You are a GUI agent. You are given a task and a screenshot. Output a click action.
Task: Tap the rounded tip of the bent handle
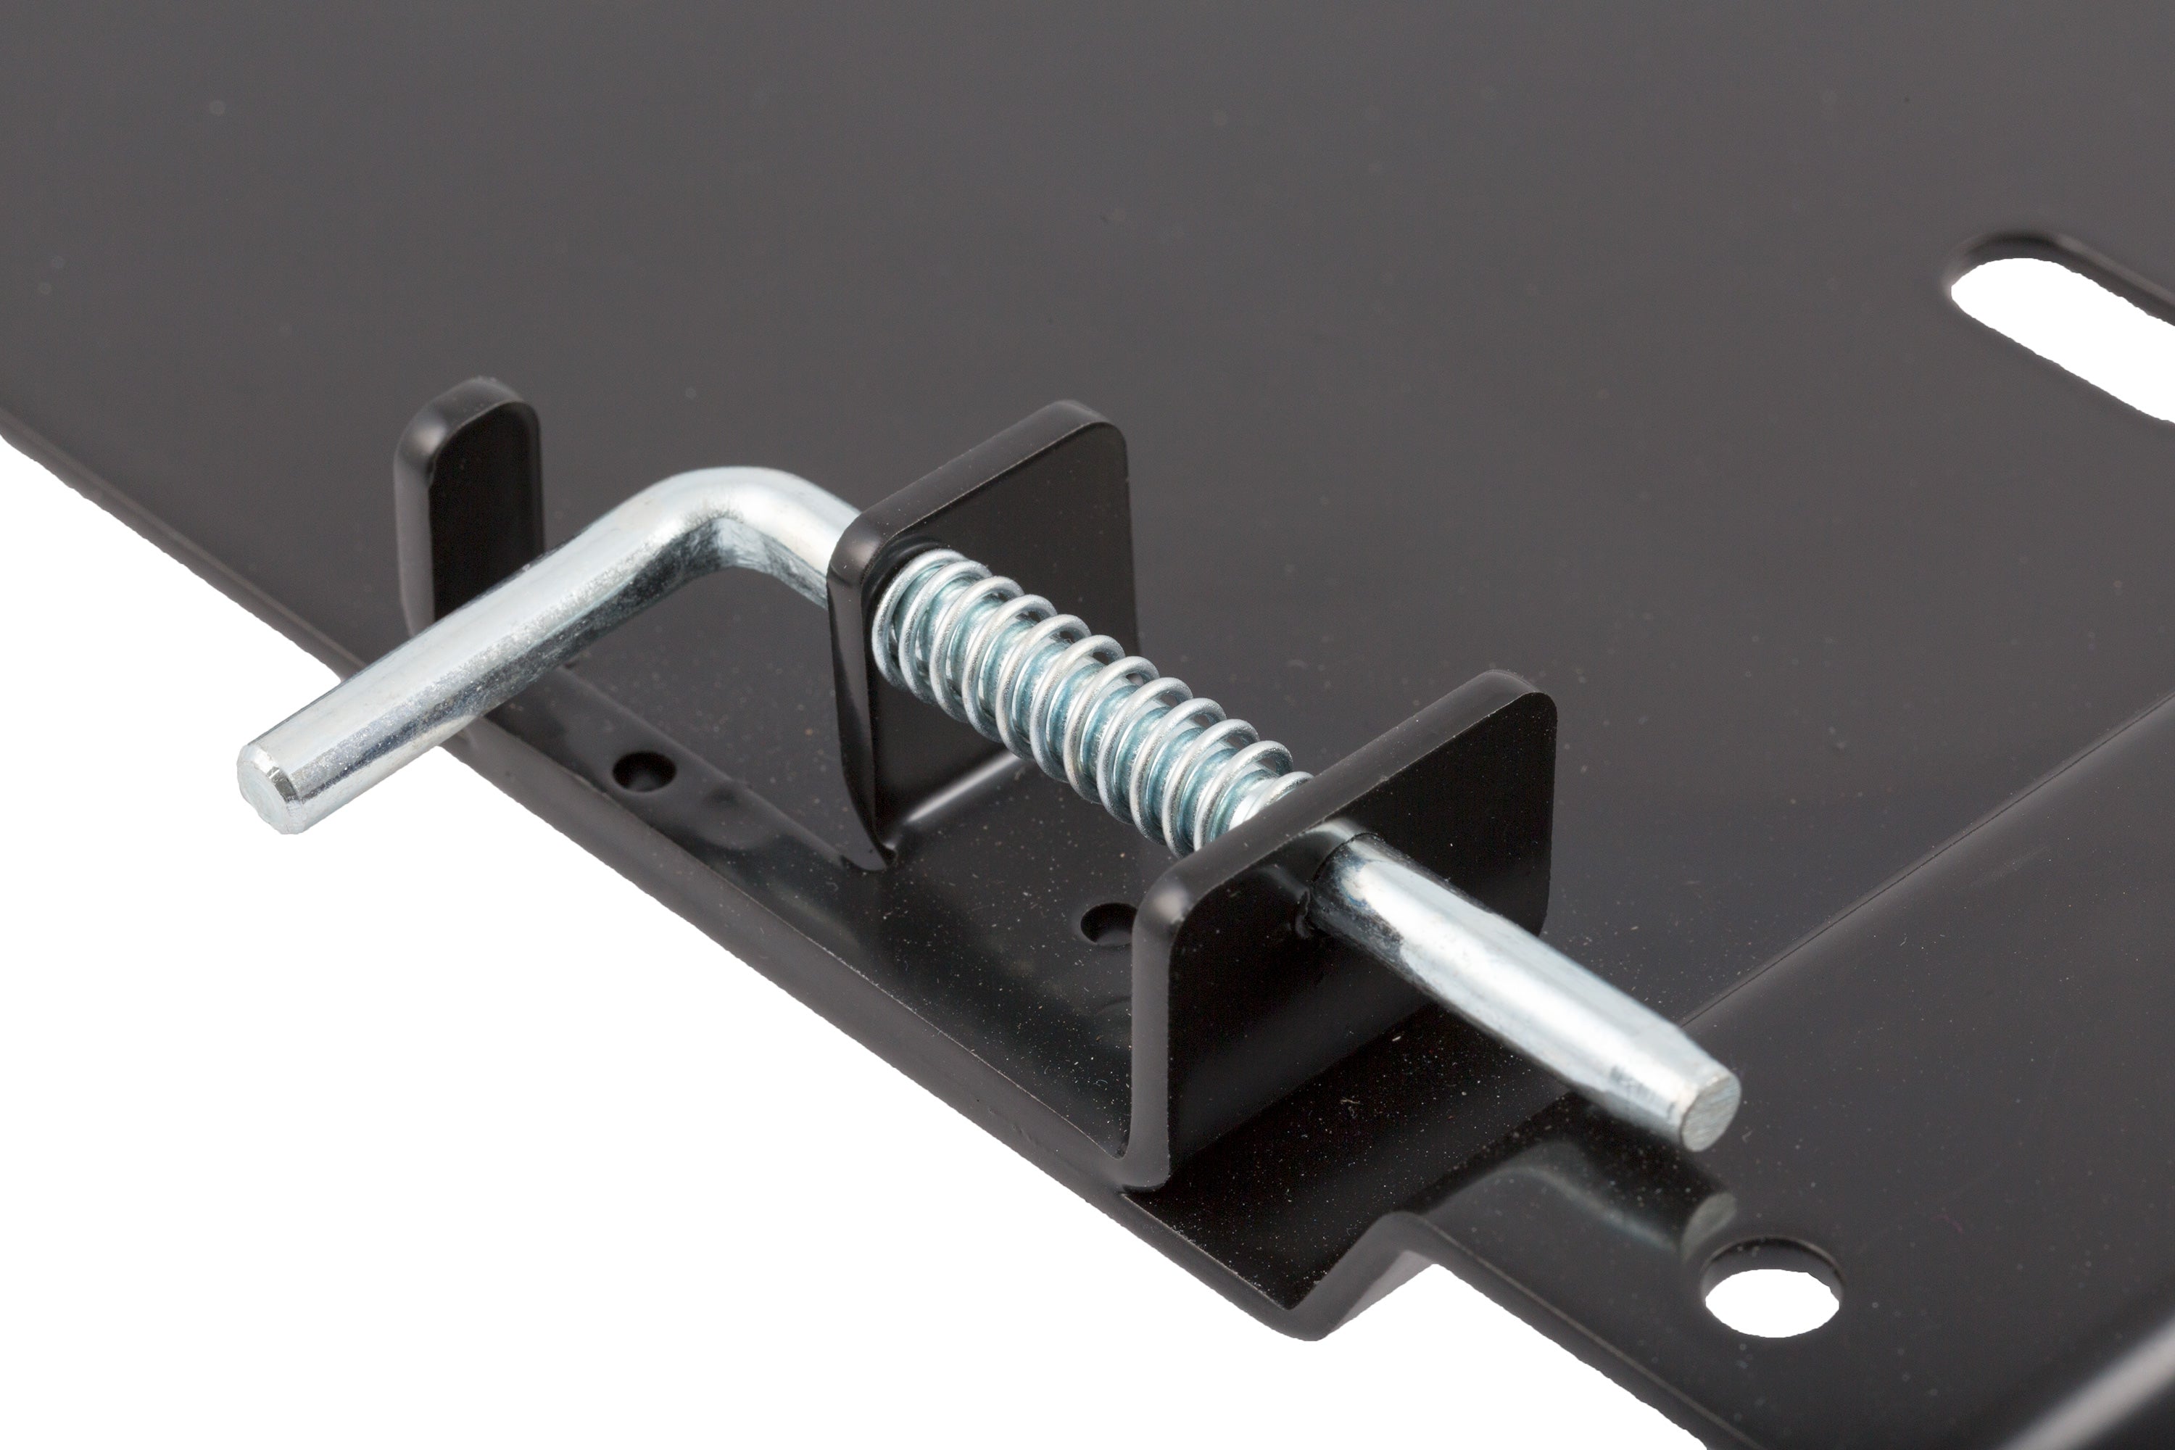pos(268,786)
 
